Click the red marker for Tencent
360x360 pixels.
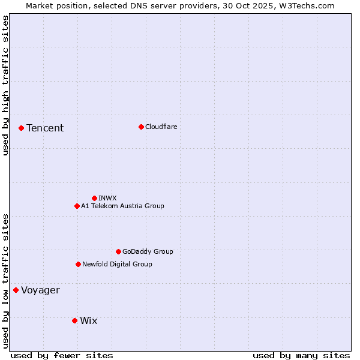tap(21, 128)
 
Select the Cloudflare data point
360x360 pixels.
tap(141, 127)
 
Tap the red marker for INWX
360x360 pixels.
tap(94, 198)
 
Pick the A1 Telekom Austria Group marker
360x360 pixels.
tap(77, 206)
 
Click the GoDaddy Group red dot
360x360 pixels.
tap(118, 251)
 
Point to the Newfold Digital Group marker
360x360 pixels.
tap(78, 264)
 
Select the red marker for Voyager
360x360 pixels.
tap(16, 290)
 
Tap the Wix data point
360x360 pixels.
tap(74, 320)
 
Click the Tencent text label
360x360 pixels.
tap(45, 128)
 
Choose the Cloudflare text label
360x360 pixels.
tap(161, 127)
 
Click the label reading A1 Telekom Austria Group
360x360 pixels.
tap(122, 206)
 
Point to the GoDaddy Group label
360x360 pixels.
tap(148, 251)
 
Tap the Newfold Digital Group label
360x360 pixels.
tap(117, 264)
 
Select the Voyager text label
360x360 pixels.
tap(41, 290)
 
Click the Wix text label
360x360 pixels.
tap(88, 320)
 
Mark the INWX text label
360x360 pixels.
tap(107, 198)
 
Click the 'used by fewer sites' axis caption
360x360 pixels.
tap(62, 355)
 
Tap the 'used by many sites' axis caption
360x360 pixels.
tap(301, 355)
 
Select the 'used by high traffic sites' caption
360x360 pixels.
tap(5, 85)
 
